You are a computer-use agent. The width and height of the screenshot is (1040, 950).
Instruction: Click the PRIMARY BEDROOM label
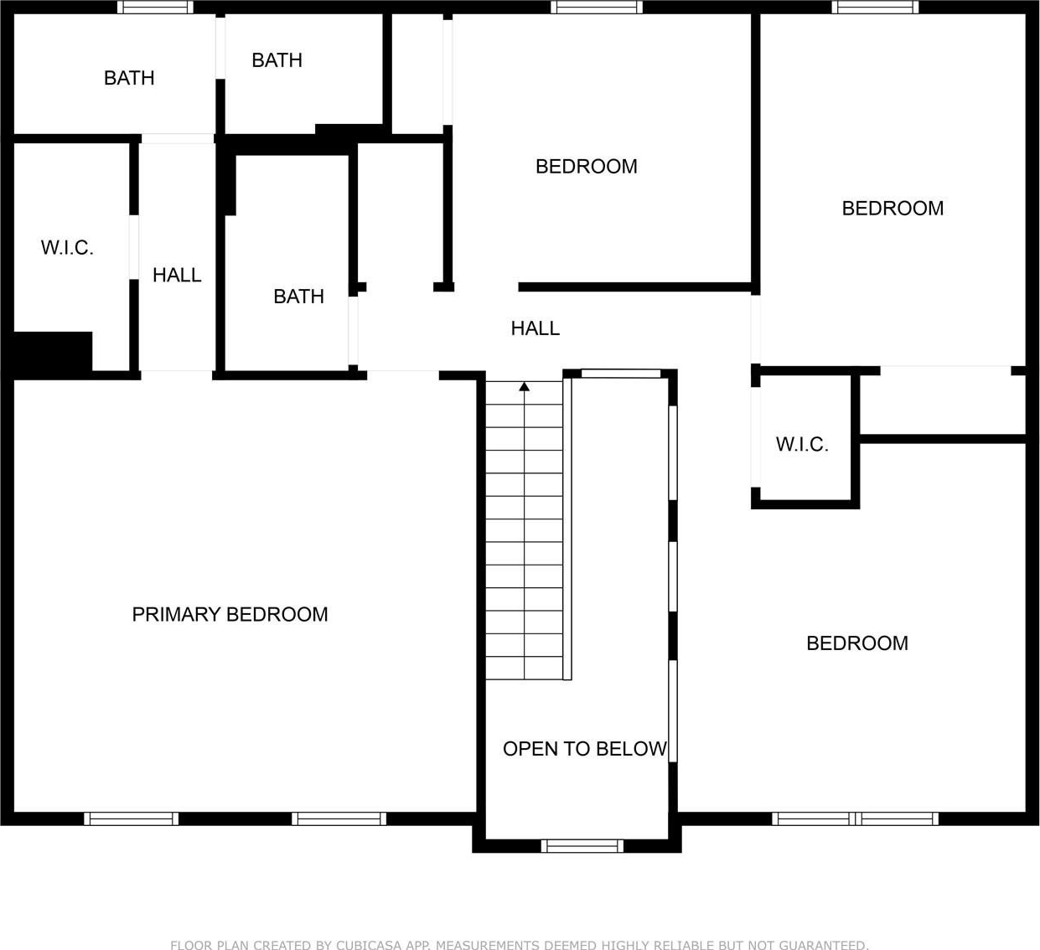[230, 614]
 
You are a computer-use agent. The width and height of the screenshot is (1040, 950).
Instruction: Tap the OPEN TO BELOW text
[584, 748]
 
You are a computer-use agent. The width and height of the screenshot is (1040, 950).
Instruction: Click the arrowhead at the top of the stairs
[524, 387]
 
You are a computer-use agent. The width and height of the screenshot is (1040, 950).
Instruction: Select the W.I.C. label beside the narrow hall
[67, 248]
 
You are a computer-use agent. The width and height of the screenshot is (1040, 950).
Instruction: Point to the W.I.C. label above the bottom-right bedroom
[802, 444]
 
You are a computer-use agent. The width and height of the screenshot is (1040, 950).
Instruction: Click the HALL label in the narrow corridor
[177, 275]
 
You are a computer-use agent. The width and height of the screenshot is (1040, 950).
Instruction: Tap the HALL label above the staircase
[535, 328]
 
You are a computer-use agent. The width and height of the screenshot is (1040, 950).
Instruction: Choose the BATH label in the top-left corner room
[129, 78]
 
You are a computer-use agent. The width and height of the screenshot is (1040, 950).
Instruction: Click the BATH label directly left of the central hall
[298, 297]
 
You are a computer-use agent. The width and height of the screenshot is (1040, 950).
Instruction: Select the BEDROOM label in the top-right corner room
[893, 209]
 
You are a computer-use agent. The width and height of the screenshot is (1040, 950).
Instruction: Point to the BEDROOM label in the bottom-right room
[857, 643]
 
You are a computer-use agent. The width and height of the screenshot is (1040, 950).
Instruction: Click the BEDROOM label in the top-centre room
[587, 167]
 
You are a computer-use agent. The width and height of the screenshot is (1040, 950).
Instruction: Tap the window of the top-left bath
[155, 8]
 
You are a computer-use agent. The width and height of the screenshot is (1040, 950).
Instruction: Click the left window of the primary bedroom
[132, 818]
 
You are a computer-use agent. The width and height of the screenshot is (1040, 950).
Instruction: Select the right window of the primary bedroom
[339, 818]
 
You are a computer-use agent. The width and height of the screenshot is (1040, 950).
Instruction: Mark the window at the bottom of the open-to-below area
[582, 846]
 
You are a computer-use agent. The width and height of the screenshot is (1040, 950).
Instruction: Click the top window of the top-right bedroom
[875, 8]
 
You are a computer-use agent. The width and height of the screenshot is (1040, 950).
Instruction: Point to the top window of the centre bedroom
[597, 8]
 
